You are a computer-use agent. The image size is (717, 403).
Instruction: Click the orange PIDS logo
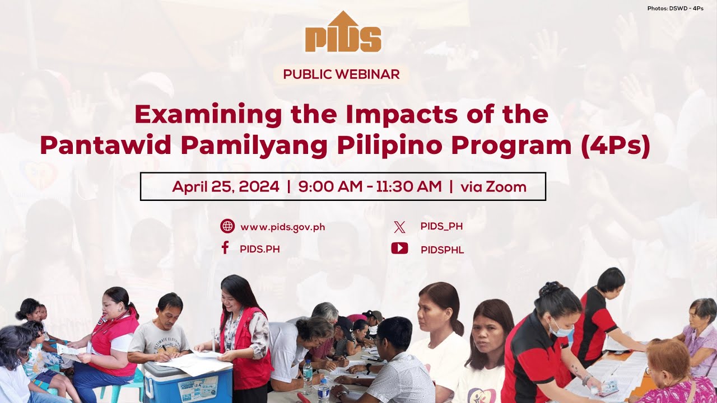pyautogui.click(x=343, y=33)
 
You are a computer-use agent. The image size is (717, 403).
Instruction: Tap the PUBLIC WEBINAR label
pyautogui.click(x=341, y=74)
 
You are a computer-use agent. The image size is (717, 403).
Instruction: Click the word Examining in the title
pyautogui.click(x=208, y=115)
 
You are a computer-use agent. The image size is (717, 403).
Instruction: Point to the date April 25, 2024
pyautogui.click(x=225, y=187)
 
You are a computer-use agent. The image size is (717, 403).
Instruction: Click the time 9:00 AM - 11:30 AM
pyautogui.click(x=370, y=187)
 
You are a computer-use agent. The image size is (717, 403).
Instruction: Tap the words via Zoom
pyautogui.click(x=493, y=187)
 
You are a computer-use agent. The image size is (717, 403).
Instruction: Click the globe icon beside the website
pyautogui.click(x=227, y=227)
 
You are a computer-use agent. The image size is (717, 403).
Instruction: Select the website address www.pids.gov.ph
pyautogui.click(x=282, y=227)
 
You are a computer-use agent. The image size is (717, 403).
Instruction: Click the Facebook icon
pyautogui.click(x=225, y=249)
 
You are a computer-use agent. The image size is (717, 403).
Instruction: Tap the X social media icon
pyautogui.click(x=399, y=227)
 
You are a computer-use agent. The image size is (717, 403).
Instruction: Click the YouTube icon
pyautogui.click(x=399, y=249)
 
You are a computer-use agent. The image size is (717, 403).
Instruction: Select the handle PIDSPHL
pyautogui.click(x=442, y=250)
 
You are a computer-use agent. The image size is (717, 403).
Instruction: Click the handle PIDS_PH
pyautogui.click(x=441, y=227)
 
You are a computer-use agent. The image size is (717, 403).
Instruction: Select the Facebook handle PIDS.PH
pyautogui.click(x=259, y=249)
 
